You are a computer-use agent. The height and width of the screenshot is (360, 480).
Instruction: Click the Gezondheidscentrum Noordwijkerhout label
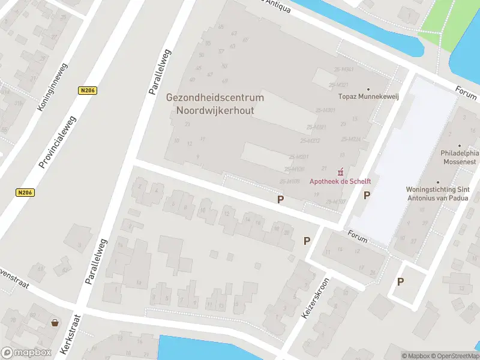pyautogui.click(x=215, y=104)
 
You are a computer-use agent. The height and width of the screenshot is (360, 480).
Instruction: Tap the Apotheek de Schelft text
pyautogui.click(x=340, y=182)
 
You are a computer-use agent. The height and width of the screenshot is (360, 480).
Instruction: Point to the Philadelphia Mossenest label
pyautogui.click(x=460, y=157)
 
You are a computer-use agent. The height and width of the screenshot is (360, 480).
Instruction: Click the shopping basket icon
pyautogui.click(x=55, y=323)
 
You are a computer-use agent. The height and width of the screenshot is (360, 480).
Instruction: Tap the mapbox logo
pyautogui.click(x=26, y=353)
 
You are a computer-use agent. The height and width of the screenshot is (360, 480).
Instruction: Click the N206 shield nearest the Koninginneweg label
pyautogui.click(x=88, y=91)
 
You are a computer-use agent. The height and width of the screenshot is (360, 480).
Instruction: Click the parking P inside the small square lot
pyautogui.click(x=401, y=281)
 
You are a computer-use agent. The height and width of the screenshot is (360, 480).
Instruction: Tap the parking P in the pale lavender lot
pyautogui.click(x=367, y=195)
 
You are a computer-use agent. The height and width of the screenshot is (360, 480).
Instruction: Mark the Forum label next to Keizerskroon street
pyautogui.click(x=356, y=236)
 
